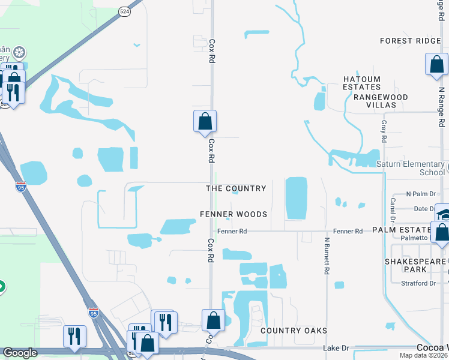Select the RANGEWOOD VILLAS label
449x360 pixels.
(x=381, y=101)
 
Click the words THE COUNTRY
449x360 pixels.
(x=236, y=188)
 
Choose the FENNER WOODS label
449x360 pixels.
(x=234, y=214)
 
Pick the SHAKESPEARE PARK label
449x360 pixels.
(x=416, y=265)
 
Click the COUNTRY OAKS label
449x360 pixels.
(x=294, y=331)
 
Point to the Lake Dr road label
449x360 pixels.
(x=336, y=347)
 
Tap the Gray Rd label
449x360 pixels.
(x=384, y=131)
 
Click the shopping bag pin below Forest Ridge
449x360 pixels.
(x=436, y=64)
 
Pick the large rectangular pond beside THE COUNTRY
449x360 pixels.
(x=295, y=198)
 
